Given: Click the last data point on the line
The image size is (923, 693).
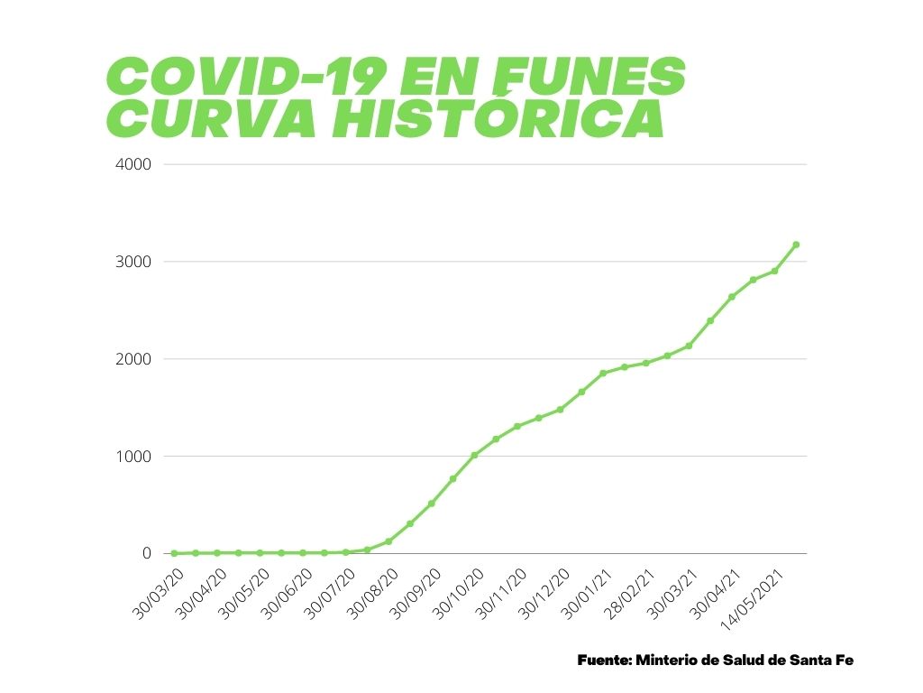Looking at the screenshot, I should pyautogui.click(x=796, y=245).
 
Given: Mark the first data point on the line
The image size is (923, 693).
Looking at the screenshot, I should pyautogui.click(x=174, y=553).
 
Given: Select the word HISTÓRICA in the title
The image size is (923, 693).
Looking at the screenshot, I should pyautogui.click(x=498, y=119).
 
